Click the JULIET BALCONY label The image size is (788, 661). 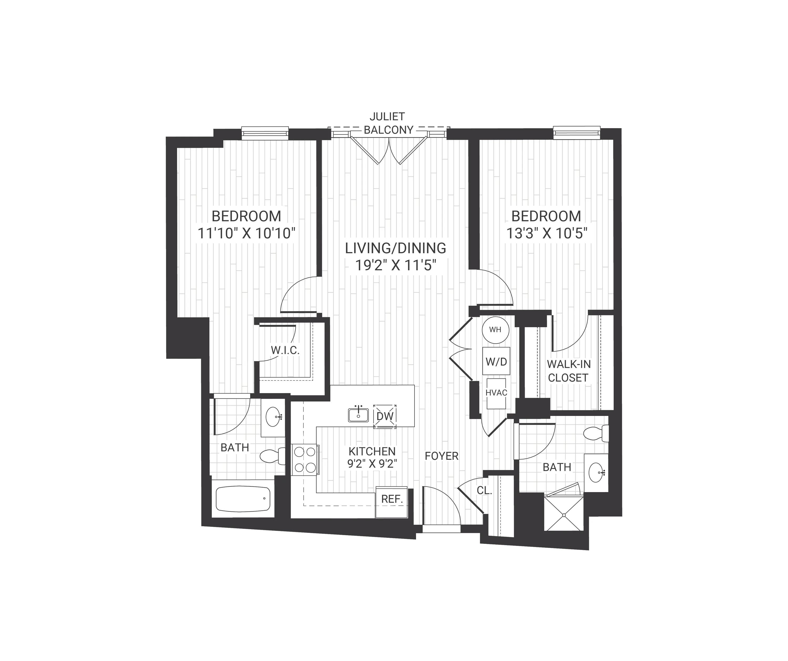point(388,123)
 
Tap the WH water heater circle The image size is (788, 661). point(495,330)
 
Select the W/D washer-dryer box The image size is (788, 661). point(496,361)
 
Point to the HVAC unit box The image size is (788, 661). point(496,393)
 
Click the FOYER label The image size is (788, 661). point(442,456)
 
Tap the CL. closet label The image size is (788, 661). point(484,490)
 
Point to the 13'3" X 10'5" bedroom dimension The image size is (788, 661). point(546,233)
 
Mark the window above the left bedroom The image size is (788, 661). point(265,133)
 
